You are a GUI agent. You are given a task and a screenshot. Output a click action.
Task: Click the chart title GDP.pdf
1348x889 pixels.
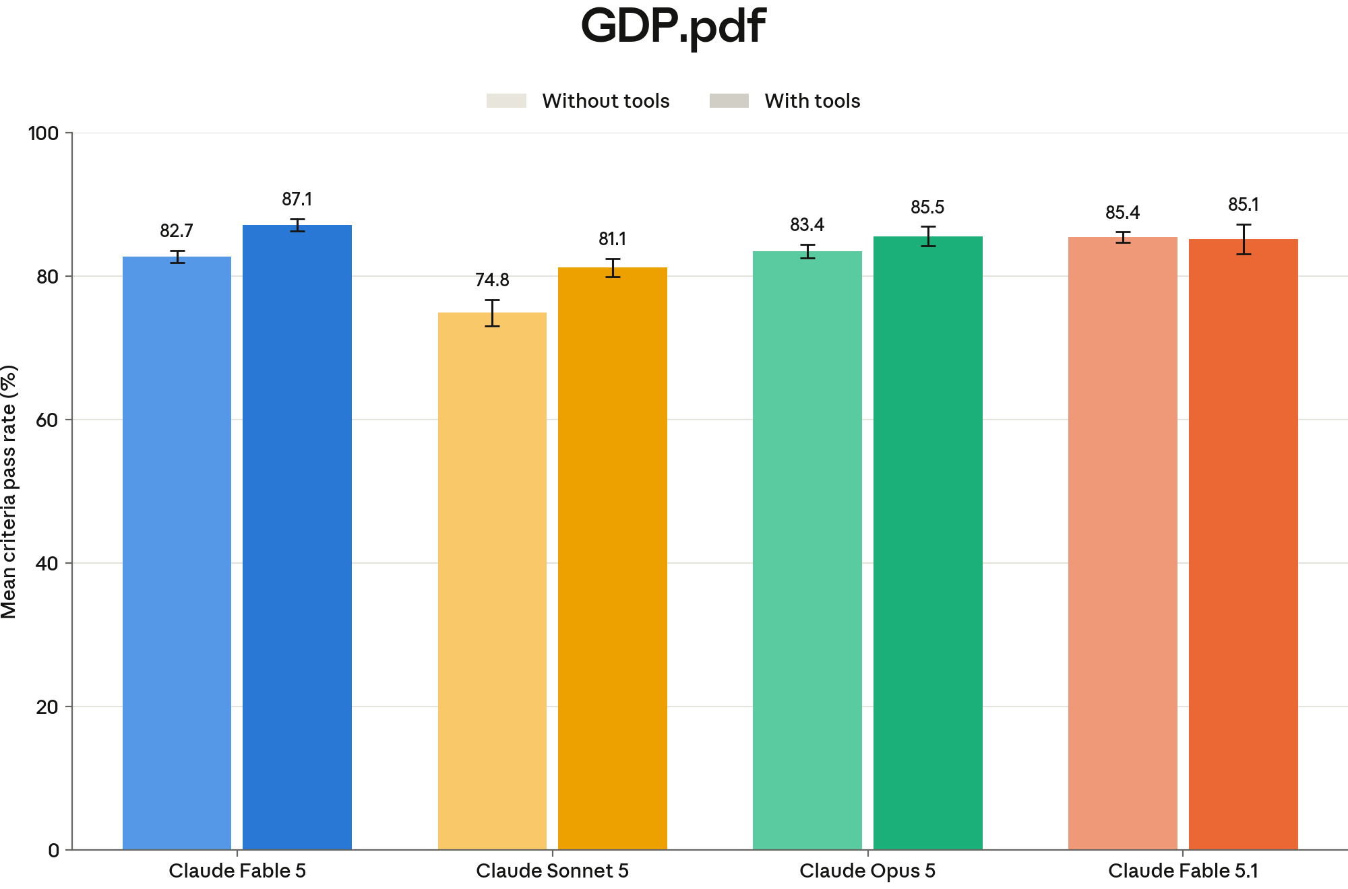(673, 27)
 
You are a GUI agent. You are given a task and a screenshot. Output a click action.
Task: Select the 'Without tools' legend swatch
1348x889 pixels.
(506, 101)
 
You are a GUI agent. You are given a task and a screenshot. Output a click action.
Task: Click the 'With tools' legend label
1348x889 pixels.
(812, 101)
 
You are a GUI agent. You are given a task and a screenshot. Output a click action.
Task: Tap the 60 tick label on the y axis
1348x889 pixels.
(47, 420)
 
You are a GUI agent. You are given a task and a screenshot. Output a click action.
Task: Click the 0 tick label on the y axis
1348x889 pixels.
(54, 851)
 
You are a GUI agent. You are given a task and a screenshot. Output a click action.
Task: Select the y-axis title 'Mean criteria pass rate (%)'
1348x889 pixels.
(9, 492)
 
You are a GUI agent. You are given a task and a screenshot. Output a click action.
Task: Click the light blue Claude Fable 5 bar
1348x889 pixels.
(177, 553)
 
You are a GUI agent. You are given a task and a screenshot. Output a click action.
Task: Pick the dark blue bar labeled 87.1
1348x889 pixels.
(297, 537)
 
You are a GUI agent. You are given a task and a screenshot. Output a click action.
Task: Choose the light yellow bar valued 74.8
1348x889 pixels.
(492, 581)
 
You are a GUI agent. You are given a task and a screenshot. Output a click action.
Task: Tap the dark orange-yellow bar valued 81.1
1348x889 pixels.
(613, 559)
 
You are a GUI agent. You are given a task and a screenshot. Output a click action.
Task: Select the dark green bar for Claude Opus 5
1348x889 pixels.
(928, 543)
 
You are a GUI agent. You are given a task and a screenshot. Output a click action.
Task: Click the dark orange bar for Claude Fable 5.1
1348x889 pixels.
(1244, 544)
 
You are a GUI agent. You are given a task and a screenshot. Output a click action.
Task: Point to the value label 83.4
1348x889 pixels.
(807, 225)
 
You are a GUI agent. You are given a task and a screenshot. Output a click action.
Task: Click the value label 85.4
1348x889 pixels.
(1123, 213)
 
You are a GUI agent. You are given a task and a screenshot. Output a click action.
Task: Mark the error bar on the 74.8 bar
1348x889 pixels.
(492, 313)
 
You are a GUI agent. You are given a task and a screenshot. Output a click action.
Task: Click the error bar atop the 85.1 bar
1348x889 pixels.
(1244, 239)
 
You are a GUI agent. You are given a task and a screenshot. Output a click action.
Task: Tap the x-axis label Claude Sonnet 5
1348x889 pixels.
(553, 871)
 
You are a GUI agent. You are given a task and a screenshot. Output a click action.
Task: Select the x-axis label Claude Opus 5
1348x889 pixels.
(867, 871)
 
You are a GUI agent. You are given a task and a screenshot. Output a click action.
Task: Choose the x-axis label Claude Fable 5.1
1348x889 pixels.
(1184, 871)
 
